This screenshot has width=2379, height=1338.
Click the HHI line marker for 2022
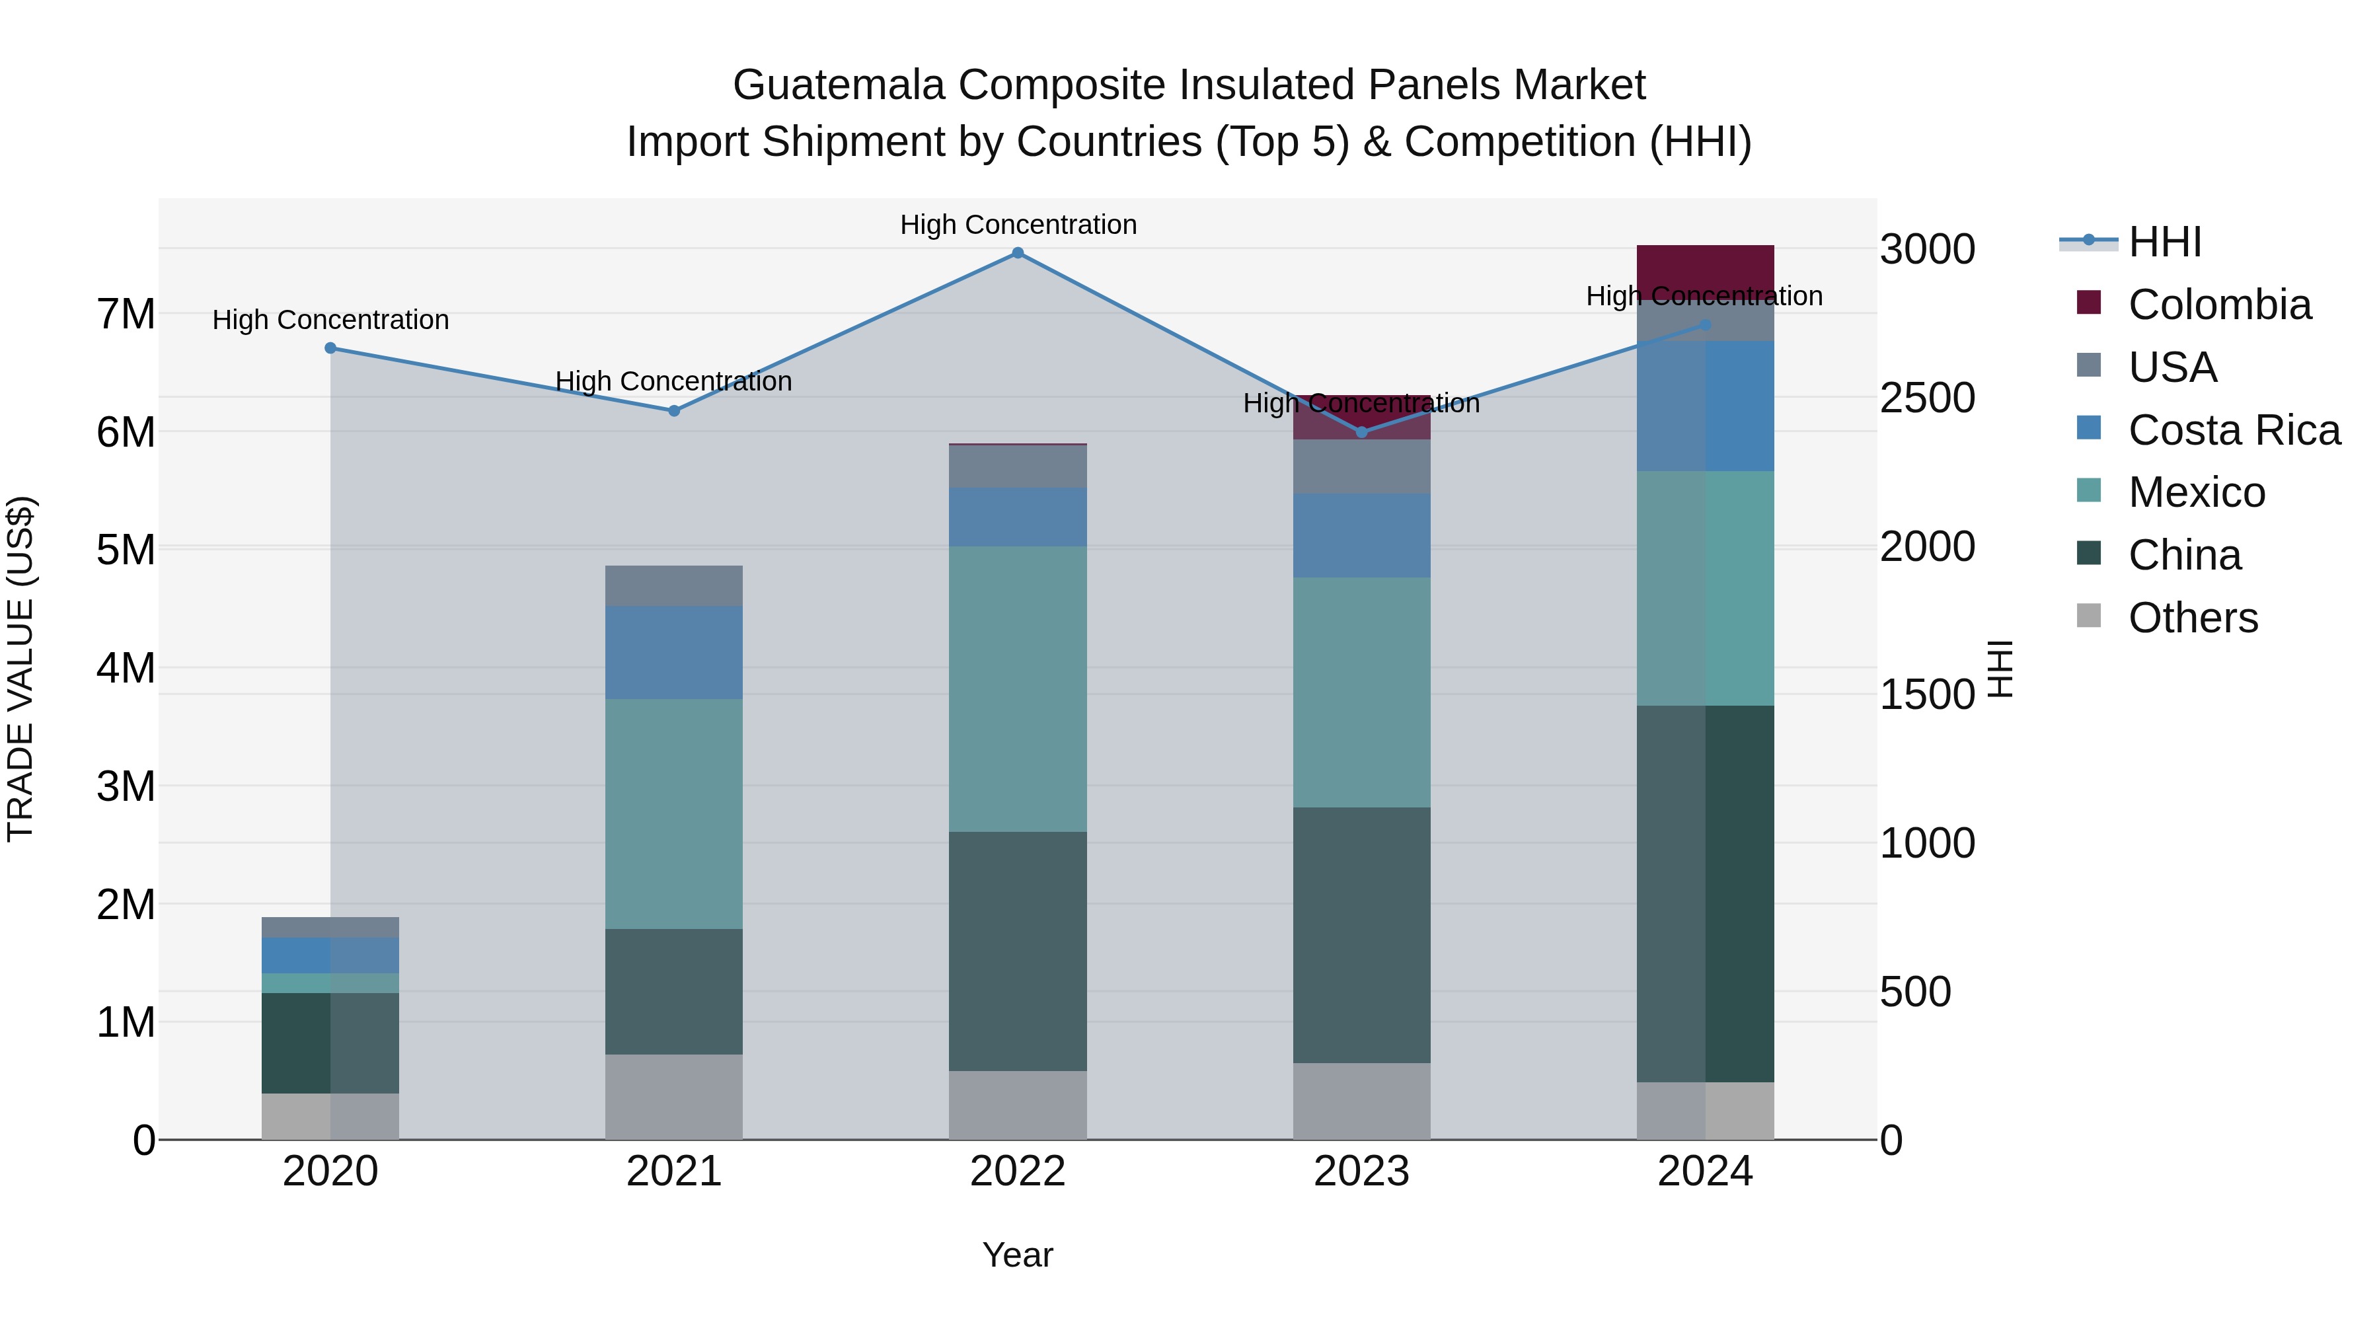point(1018,253)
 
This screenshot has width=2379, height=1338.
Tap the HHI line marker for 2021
point(674,411)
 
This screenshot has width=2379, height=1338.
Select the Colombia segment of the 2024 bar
point(1705,272)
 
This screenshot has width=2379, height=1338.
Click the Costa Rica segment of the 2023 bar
point(1361,536)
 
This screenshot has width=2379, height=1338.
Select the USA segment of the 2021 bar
point(674,585)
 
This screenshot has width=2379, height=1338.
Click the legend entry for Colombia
point(2219,305)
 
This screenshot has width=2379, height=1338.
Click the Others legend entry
point(2193,618)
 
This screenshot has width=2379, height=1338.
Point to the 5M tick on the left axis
point(126,550)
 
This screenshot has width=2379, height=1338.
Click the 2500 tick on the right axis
point(1928,398)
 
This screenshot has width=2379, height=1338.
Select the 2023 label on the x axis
point(1361,1171)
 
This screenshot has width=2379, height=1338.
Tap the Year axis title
point(1018,1255)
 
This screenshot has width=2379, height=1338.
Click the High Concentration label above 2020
point(330,320)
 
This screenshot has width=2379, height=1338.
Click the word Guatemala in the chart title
point(839,85)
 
